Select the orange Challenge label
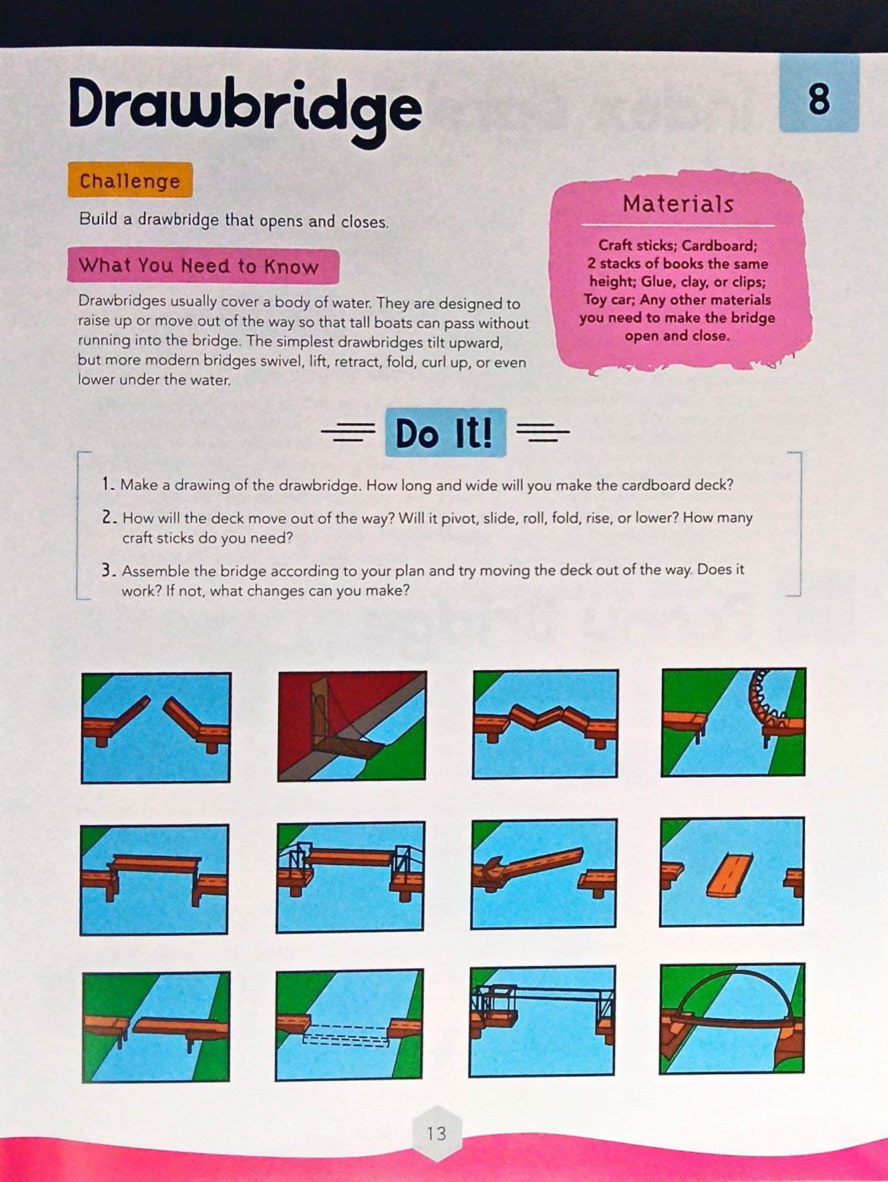click(x=130, y=181)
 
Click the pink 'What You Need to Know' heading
click(x=200, y=266)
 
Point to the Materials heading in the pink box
click(x=678, y=204)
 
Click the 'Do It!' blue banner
click(x=444, y=433)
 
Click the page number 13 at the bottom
click(x=436, y=1133)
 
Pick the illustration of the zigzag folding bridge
click(x=545, y=723)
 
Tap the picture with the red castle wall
click(x=352, y=725)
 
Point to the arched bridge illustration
click(x=732, y=1018)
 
